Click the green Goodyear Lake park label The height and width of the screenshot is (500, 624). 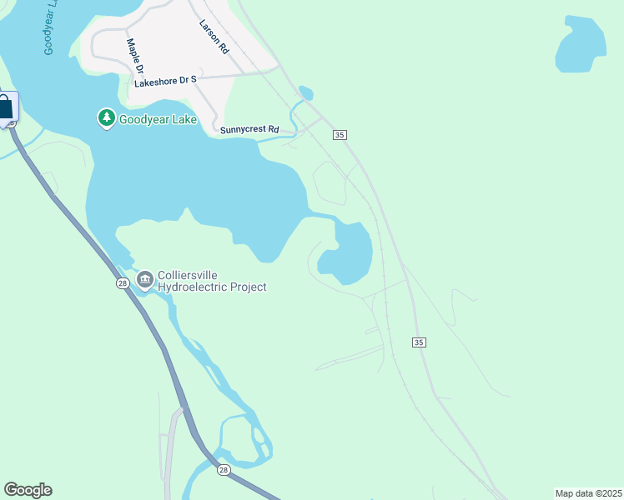coord(158,119)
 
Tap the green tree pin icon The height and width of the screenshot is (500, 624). coord(106,119)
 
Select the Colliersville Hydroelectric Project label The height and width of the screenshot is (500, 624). coord(212,281)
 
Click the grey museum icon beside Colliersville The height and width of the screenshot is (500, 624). coord(145,278)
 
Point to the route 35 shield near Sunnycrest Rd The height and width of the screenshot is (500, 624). coord(339,135)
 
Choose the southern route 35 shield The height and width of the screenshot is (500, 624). coord(419,342)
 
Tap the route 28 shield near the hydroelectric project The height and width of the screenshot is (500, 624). coord(122,283)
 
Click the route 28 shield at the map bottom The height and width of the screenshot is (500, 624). coord(224,471)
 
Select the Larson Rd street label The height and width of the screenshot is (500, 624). coord(214,38)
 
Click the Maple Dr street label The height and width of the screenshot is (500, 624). coord(135,57)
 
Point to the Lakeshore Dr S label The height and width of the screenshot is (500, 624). coord(164,81)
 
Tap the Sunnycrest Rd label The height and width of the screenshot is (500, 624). coord(249,129)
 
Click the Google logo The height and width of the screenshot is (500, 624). coord(28,490)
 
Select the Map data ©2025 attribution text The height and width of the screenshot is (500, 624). coord(588,493)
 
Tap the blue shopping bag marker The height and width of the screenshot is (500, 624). coord(5,107)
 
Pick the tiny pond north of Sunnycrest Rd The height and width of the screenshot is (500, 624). coord(305,93)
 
